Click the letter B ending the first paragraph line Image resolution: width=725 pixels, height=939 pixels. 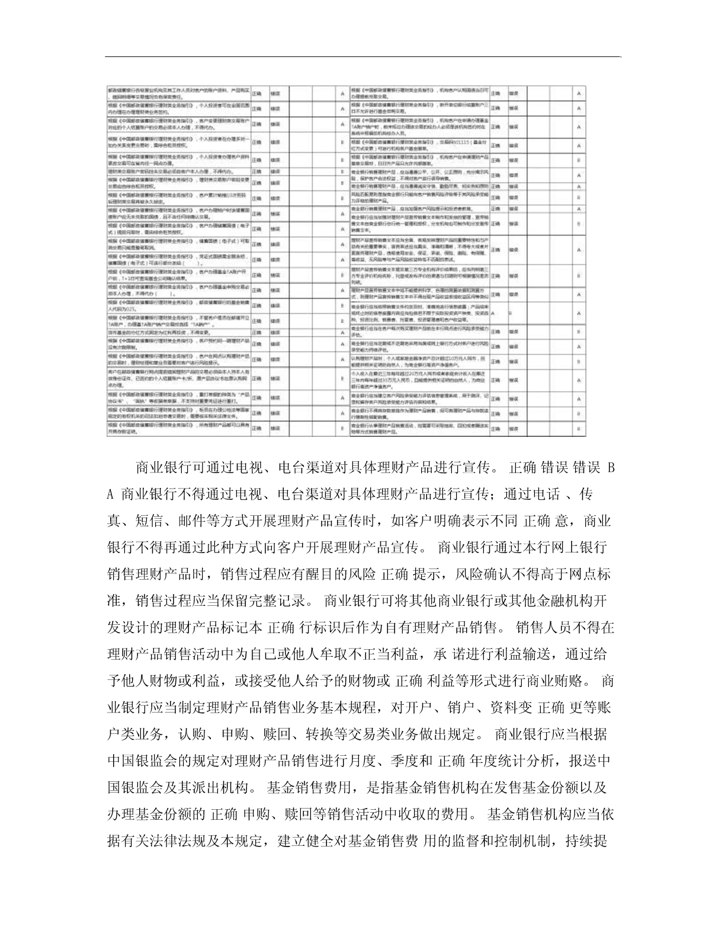(611, 468)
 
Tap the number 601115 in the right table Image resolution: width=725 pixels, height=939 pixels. (461, 142)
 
